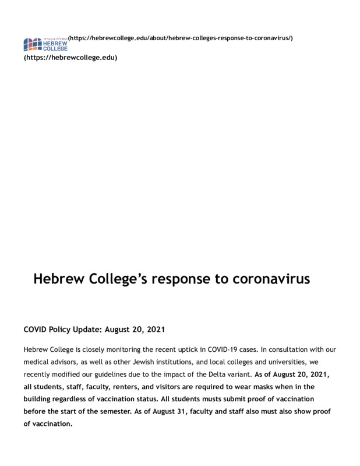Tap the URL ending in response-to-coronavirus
tap(180, 38)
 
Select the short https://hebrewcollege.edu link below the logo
tap(70, 58)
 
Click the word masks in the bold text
tap(249, 386)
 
